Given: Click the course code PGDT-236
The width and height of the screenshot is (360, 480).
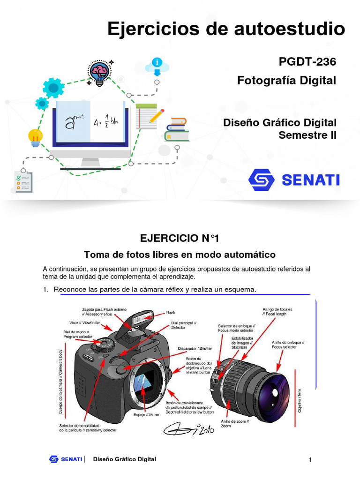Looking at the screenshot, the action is coord(307,61).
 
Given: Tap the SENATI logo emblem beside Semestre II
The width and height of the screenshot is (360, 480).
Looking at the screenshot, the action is coord(262,180).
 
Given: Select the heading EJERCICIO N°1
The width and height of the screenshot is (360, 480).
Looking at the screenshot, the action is coord(180,238).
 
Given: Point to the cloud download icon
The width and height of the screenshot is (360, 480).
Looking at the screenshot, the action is coord(157,67).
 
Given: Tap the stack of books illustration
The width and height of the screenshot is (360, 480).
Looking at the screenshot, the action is coord(177,129).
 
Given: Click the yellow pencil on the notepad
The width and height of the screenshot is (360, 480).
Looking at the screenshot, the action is coord(157,115).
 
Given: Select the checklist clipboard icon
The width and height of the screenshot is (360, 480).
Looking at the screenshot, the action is coord(24,181).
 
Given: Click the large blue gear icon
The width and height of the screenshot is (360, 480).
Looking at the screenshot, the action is coord(53,88).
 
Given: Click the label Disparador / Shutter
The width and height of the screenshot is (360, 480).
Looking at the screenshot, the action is coord(195,348).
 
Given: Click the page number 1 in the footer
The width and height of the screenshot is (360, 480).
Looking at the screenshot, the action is coord(310,460).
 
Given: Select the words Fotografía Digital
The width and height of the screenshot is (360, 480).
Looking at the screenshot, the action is coord(287,81).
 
